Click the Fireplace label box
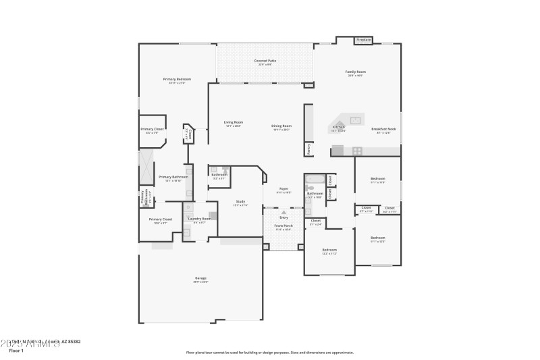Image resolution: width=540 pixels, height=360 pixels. click(x=364, y=40)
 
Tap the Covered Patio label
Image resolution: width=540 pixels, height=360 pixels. click(x=265, y=61)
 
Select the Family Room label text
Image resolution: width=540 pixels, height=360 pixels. click(x=356, y=72)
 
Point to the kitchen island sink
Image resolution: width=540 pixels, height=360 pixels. click(x=355, y=121)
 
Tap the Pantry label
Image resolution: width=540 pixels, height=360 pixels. click(x=308, y=148)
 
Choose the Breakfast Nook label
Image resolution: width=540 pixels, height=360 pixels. click(x=383, y=129)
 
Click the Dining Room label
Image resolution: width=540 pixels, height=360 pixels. click(x=281, y=126)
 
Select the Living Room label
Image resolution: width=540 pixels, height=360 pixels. click(x=233, y=123)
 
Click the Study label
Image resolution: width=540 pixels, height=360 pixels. click(x=240, y=201)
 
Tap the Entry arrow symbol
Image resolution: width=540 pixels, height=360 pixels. click(x=283, y=212)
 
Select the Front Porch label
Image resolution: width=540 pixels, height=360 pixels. click(x=283, y=226)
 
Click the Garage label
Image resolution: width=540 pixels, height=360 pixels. click(x=200, y=278)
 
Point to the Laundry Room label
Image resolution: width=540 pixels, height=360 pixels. click(x=199, y=219)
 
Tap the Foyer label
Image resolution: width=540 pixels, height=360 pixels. click(x=283, y=189)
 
